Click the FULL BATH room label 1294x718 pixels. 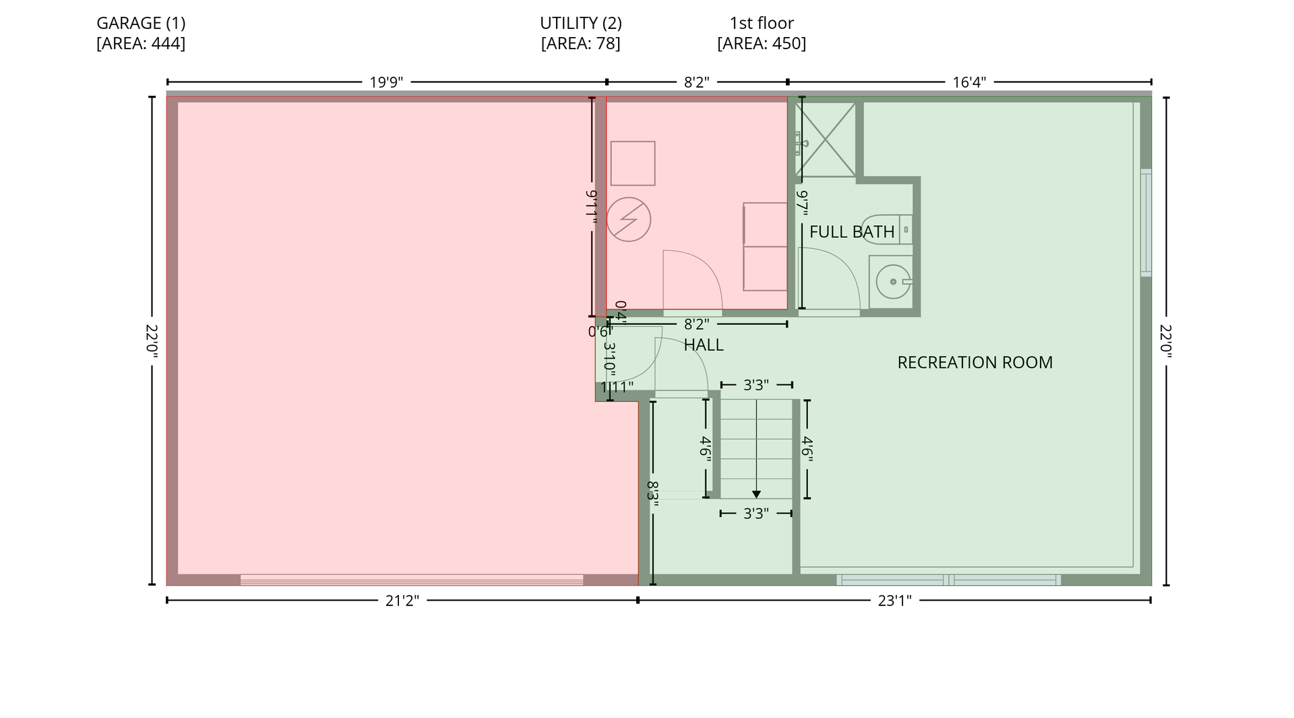(852, 232)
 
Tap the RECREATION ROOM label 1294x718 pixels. (975, 363)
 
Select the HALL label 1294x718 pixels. (704, 345)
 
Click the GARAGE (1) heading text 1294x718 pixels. (141, 23)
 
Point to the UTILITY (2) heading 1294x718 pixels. (581, 23)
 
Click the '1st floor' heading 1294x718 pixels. (762, 23)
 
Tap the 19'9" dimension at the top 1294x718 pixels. (386, 82)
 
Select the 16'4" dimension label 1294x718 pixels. (969, 82)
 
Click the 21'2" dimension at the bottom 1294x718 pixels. (402, 601)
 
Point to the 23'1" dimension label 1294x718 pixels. (894, 601)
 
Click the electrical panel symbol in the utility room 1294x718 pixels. (629, 219)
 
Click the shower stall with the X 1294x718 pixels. (826, 140)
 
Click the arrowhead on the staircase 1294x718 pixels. (756, 494)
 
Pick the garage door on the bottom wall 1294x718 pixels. (412, 580)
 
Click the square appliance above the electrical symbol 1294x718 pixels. (633, 163)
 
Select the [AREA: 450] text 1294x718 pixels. (762, 44)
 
